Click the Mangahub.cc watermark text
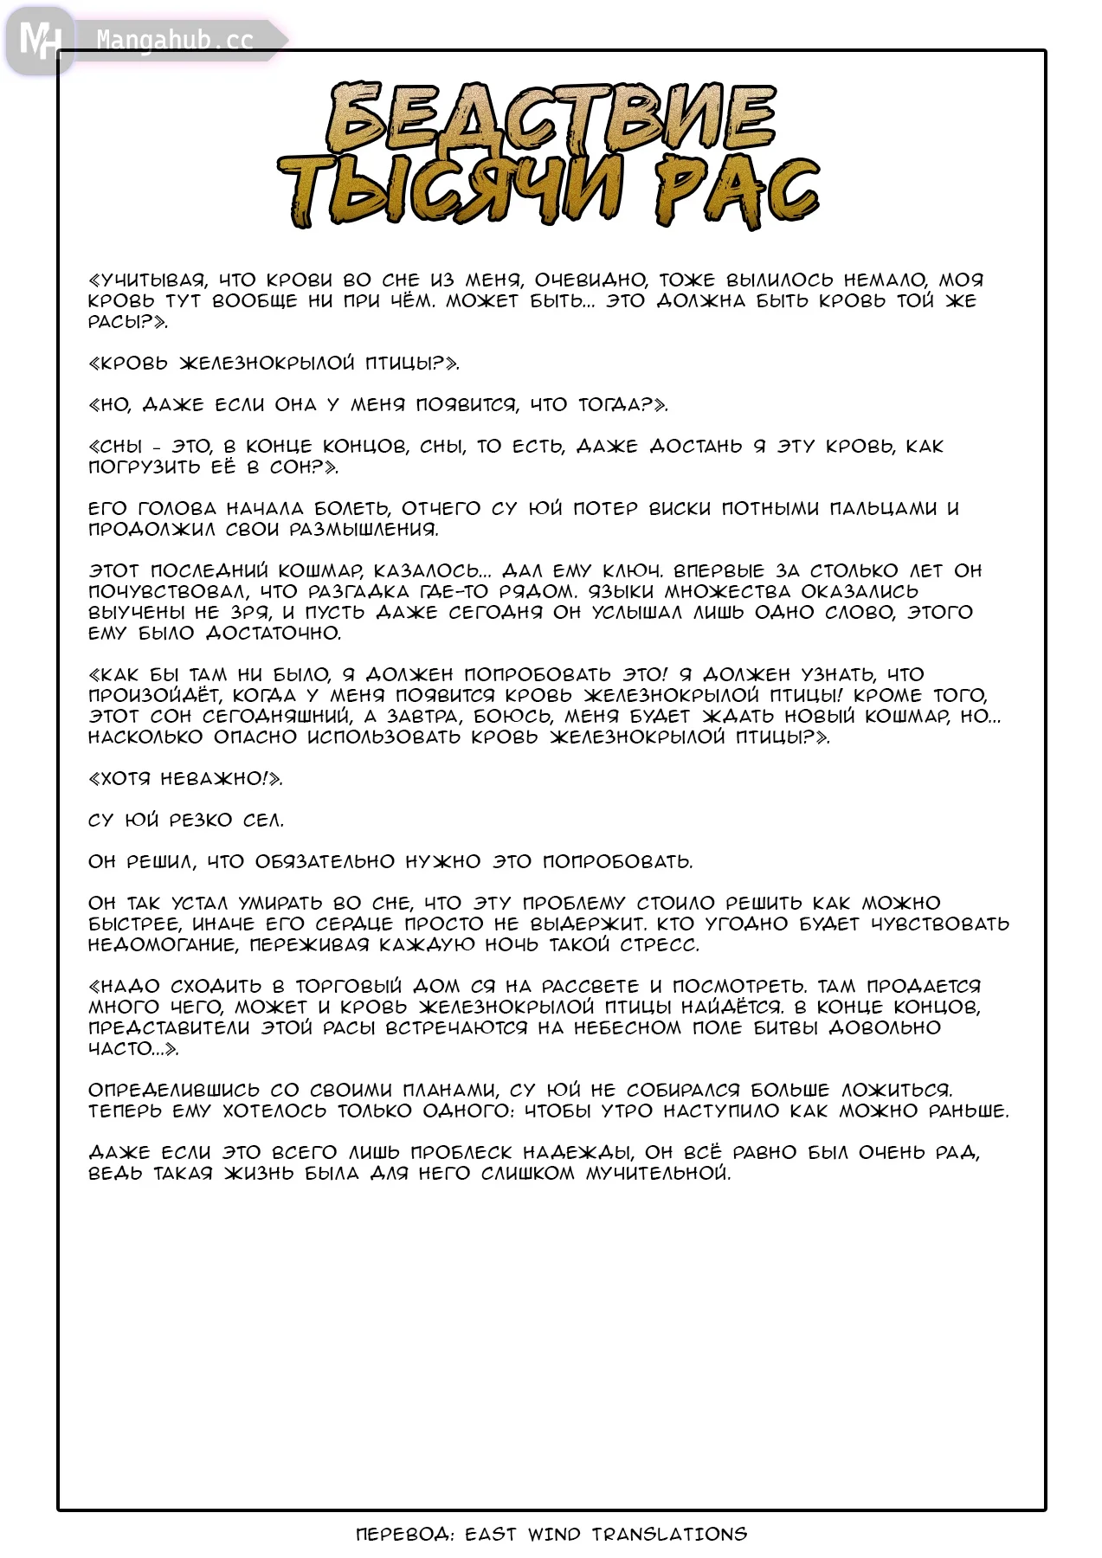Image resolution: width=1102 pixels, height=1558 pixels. click(175, 41)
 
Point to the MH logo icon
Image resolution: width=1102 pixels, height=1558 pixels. click(40, 40)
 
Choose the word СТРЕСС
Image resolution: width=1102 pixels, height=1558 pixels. click(660, 945)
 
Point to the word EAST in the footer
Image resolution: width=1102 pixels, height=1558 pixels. click(491, 1535)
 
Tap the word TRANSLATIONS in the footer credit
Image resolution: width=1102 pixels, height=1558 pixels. click(669, 1535)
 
